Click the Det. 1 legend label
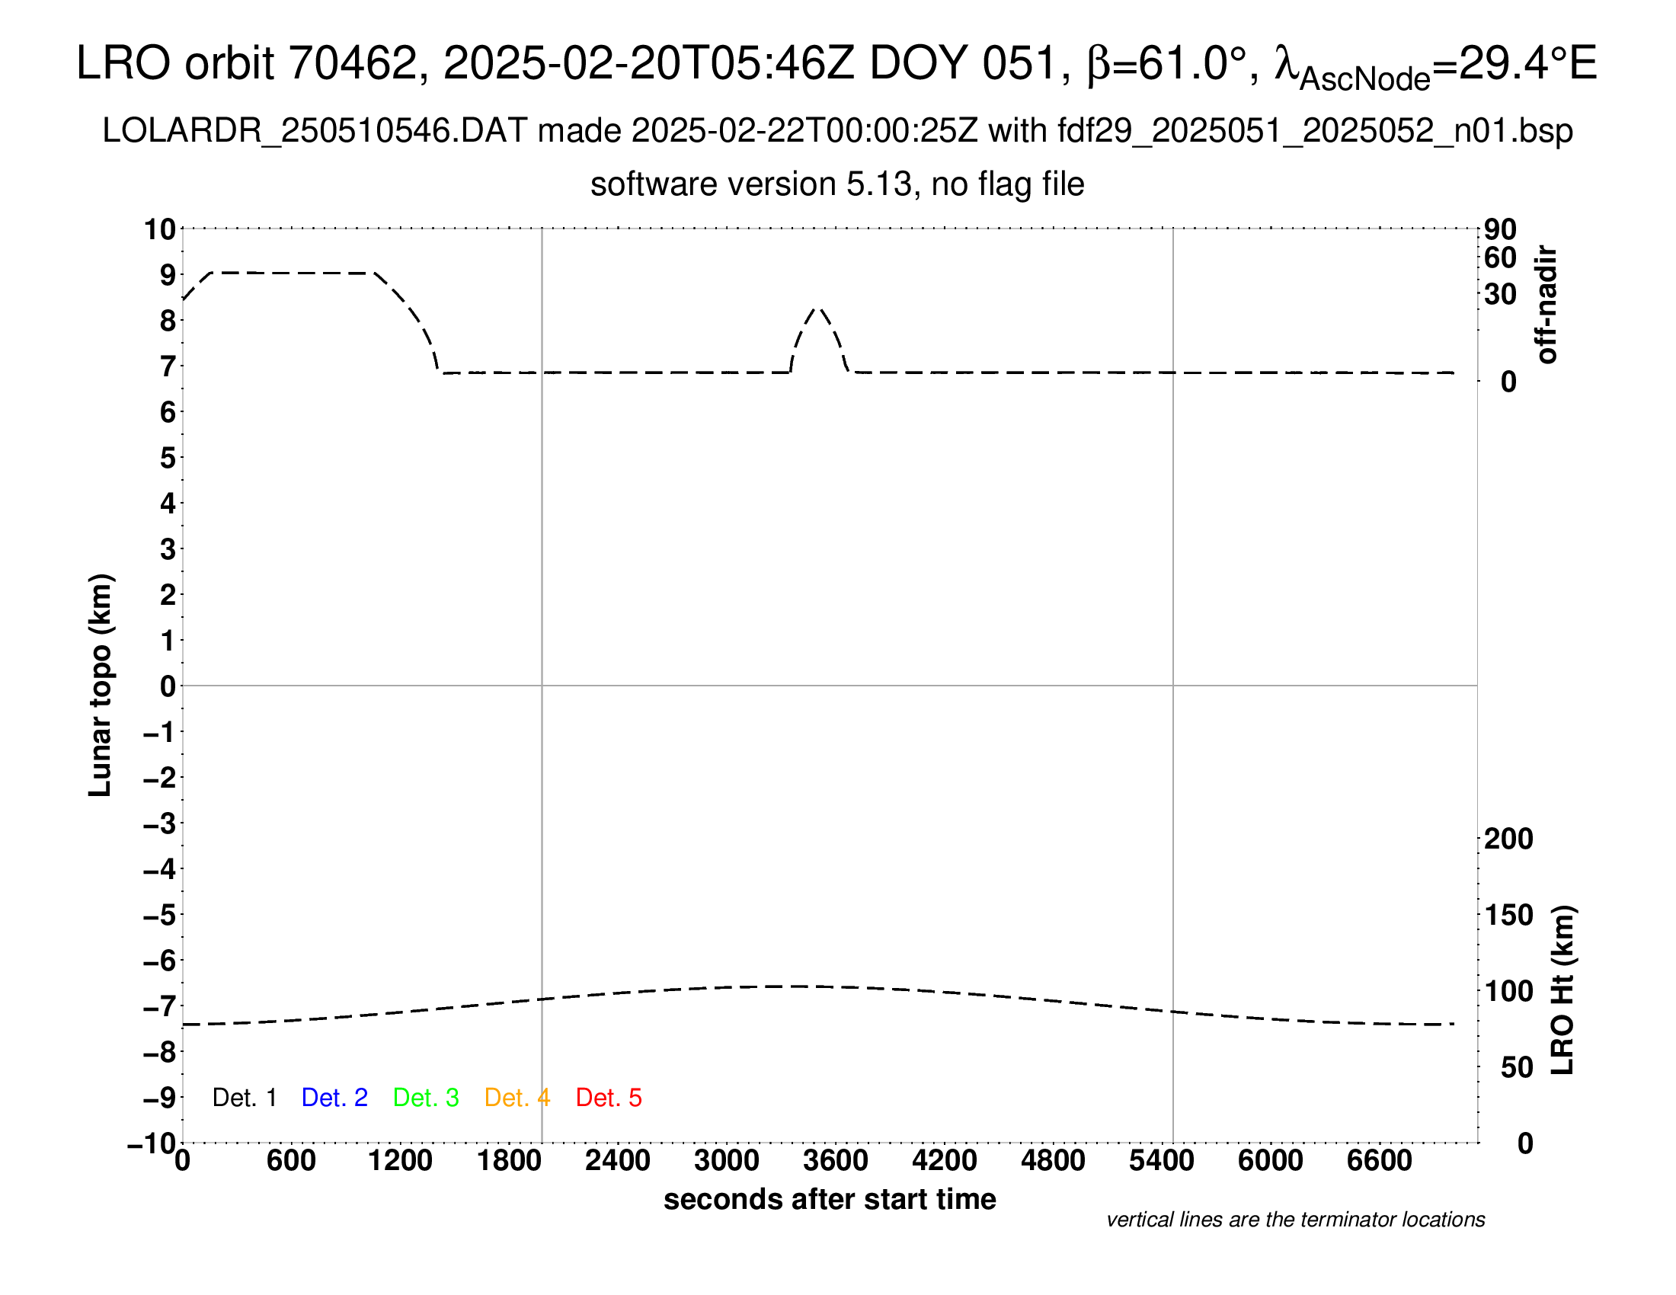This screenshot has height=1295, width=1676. [244, 1098]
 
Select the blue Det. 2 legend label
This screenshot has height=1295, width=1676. [334, 1098]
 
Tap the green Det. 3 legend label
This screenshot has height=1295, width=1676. [426, 1098]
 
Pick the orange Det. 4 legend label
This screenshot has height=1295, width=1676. [517, 1098]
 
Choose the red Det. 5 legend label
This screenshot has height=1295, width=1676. [609, 1098]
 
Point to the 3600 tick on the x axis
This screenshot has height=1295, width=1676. [836, 1161]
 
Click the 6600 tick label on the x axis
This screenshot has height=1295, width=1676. [1379, 1161]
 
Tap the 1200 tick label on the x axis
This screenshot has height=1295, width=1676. [400, 1161]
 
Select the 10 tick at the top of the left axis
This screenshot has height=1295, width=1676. [161, 229]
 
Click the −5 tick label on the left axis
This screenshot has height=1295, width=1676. [161, 915]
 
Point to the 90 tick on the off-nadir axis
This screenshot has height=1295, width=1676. [1500, 229]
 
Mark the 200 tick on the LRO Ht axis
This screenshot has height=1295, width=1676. [1508, 839]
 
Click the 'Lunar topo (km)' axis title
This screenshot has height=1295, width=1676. [101, 685]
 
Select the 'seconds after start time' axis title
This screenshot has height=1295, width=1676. [830, 1200]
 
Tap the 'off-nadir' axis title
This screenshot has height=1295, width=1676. [1547, 305]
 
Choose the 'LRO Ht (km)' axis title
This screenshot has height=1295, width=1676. [1562, 990]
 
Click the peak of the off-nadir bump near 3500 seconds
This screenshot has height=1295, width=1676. [818, 308]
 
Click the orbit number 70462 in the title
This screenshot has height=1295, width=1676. [352, 63]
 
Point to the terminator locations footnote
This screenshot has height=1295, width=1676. [1295, 1220]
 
